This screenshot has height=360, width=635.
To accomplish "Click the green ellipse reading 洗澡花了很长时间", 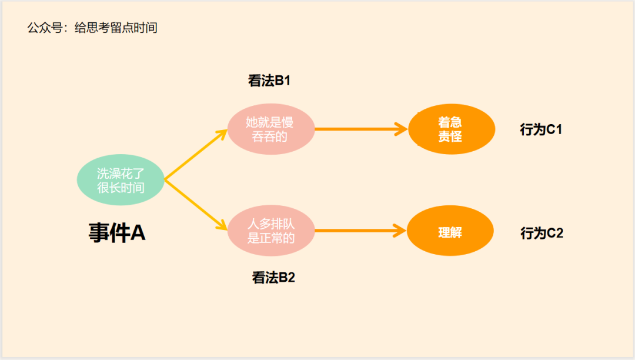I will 121,180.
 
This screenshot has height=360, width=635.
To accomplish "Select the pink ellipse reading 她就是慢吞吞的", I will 270,129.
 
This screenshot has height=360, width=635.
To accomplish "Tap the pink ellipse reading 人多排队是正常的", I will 270,231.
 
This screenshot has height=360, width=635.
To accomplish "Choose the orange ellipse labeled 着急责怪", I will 450,129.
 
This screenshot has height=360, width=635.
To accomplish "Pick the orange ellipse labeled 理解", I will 450,231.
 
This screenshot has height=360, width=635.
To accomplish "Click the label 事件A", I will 117,233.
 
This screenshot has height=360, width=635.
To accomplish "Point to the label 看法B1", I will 269,81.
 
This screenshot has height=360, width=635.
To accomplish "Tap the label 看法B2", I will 273,278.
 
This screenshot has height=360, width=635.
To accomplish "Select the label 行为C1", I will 541,129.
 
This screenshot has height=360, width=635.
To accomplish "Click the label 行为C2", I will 542,233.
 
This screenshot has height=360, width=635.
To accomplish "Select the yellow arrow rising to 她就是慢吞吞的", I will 195,154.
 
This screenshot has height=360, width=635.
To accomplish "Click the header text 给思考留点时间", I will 116,28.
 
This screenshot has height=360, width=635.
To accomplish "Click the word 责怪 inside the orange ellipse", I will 450,136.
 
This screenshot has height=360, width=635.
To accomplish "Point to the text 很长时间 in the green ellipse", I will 121,188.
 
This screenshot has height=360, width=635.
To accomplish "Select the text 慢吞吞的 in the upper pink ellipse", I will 270,136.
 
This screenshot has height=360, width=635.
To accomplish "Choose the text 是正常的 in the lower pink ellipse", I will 271,238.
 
